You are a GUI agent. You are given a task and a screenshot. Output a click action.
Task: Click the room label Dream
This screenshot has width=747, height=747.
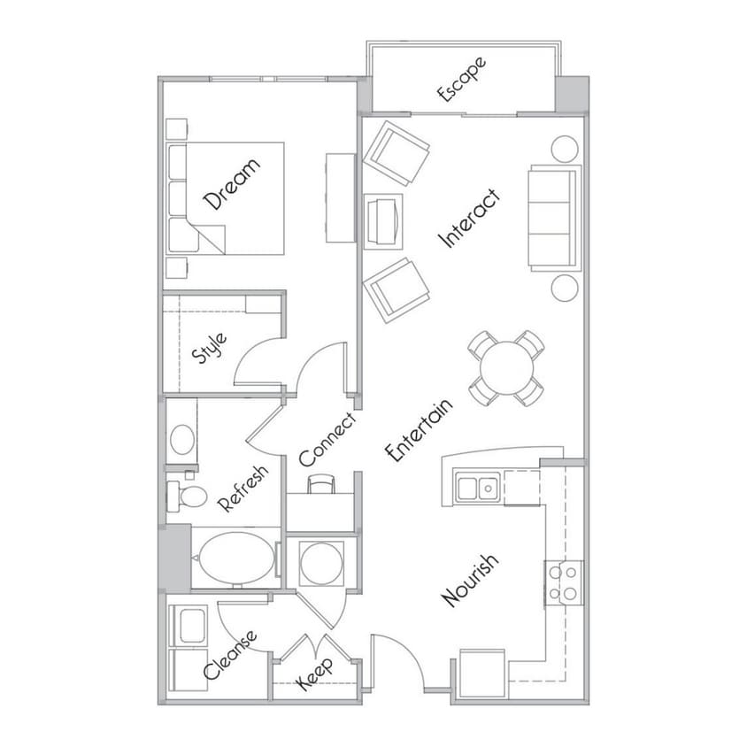tap(232, 184)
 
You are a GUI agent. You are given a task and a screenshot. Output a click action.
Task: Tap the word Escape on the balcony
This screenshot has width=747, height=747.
tap(462, 79)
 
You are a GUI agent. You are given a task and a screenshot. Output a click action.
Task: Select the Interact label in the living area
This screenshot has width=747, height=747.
tap(470, 219)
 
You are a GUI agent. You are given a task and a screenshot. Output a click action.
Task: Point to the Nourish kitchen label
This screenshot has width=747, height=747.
tap(471, 581)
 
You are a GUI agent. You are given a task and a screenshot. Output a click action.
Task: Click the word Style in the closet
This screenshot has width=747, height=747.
tap(209, 348)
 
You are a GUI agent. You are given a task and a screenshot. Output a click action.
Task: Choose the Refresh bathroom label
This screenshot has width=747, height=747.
tap(243, 489)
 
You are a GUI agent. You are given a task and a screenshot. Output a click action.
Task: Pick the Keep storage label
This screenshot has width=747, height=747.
tap(315, 674)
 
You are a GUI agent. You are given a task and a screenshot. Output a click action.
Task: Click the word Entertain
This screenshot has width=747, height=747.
tap(419, 431)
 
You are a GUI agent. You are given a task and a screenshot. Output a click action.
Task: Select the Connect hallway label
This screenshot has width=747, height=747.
tap(327, 440)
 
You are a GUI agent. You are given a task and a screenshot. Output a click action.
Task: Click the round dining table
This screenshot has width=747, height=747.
tap(506, 368)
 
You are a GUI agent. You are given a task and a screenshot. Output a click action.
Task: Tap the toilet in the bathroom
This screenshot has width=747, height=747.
tap(188, 496)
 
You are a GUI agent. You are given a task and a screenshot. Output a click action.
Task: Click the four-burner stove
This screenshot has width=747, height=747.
tap(564, 582)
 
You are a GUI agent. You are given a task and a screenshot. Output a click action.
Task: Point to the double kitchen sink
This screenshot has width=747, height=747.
tap(477, 487)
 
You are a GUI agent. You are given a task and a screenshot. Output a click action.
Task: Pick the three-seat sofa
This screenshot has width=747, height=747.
tap(555, 219)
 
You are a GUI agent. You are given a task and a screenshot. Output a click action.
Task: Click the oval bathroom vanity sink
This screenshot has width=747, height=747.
tap(182, 439)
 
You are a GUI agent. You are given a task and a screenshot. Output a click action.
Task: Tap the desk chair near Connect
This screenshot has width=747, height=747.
tap(321, 483)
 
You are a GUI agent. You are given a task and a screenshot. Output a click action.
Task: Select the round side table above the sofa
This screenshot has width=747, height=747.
tap(565, 149)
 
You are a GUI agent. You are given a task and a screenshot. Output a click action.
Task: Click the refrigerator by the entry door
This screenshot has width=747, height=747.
tap(482, 674)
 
